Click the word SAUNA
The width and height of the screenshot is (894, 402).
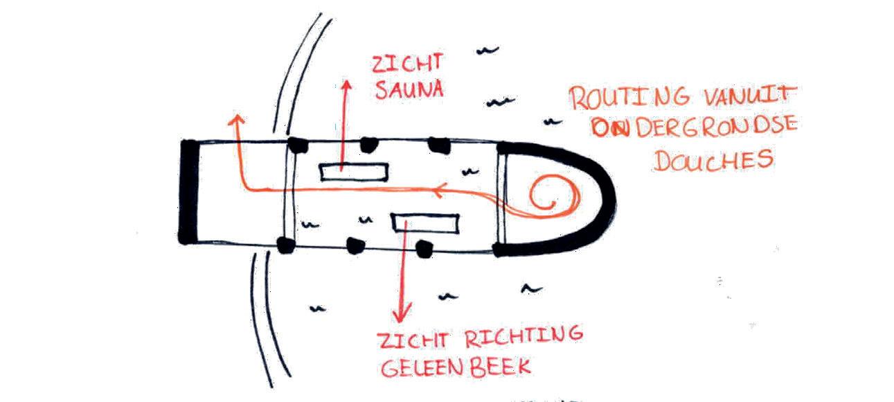[400, 89]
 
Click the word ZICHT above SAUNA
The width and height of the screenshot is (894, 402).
[398, 64]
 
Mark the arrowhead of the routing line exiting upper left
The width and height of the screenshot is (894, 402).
[236, 121]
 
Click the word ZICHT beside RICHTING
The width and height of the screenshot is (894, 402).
[409, 341]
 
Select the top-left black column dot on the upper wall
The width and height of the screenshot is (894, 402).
[298, 145]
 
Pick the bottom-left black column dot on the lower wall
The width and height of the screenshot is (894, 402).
[283, 244]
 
